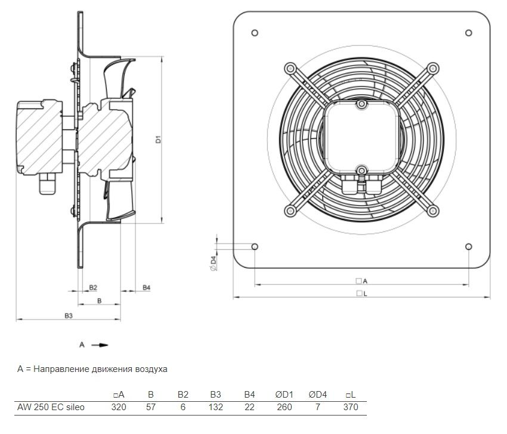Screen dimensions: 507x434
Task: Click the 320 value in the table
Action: tap(119, 407)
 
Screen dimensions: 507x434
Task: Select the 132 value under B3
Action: tap(216, 407)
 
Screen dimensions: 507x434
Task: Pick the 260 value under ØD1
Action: tap(285, 407)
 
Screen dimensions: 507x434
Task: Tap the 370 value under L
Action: tap(351, 407)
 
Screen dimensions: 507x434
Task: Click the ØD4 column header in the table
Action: tap(317, 395)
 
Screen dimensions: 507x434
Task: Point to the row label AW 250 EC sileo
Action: tap(51, 407)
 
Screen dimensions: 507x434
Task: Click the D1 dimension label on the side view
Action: tap(158, 139)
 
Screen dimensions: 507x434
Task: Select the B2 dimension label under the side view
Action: tap(93, 287)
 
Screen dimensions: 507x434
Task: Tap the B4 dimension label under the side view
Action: tap(147, 287)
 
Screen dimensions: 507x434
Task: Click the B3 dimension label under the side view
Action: tap(69, 316)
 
